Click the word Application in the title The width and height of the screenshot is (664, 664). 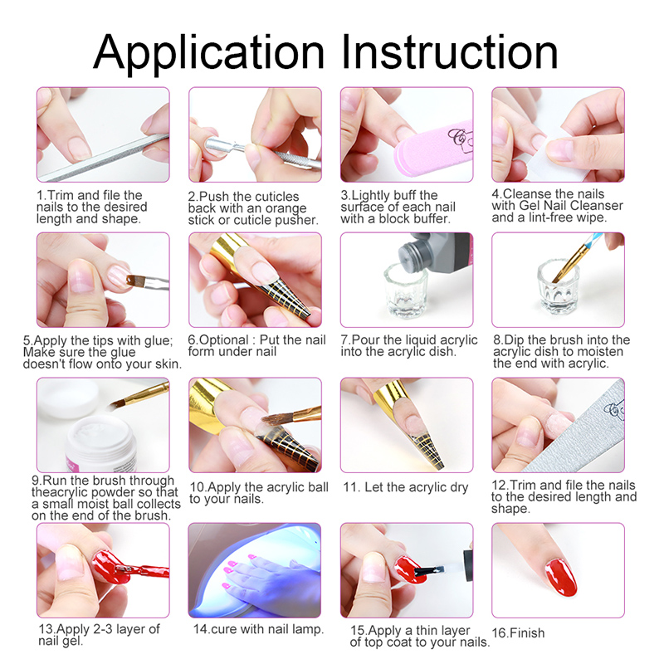click(209, 53)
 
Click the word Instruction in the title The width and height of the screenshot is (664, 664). click(449, 51)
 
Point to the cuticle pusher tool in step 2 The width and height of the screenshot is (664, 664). click(262, 154)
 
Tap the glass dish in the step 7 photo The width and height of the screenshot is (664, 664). click(406, 292)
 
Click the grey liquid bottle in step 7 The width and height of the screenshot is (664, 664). click(437, 253)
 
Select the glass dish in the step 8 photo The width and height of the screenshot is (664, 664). click(559, 287)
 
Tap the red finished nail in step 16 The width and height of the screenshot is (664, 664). click(561, 577)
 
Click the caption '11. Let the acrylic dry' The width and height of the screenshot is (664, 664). click(406, 487)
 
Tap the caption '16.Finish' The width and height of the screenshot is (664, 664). click(518, 633)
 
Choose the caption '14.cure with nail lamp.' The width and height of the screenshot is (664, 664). click(258, 629)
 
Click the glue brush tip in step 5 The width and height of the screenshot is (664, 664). click(134, 279)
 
